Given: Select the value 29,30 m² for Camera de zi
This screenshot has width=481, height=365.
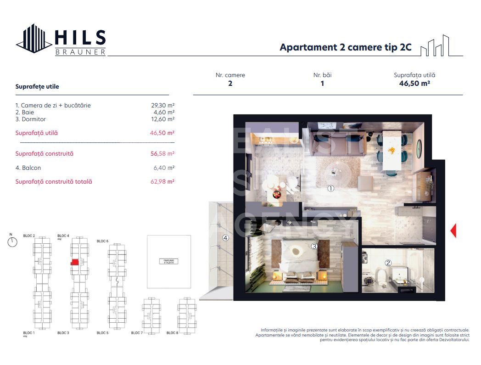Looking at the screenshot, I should tap(164, 105).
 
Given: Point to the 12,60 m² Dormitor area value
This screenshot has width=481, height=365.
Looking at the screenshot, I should tap(164, 119).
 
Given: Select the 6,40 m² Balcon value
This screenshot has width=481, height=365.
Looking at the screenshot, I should tap(165, 168).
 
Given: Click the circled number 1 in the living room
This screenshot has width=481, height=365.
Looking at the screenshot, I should tap(330, 188).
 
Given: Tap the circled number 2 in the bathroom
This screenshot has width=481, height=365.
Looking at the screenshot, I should tap(388, 263).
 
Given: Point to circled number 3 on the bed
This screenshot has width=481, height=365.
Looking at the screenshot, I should tap(314, 247).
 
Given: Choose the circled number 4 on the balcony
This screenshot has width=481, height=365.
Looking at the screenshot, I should tap(225, 238).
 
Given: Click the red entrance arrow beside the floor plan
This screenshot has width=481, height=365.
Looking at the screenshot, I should tap(453, 230).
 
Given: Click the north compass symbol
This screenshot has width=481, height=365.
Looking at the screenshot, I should tap(12, 241).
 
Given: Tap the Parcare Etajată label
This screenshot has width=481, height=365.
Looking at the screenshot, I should tap(168, 261).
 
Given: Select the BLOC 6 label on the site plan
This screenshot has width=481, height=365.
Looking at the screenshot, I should tap(102, 241).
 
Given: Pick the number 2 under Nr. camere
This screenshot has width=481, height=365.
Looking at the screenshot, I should tap(230, 84).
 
